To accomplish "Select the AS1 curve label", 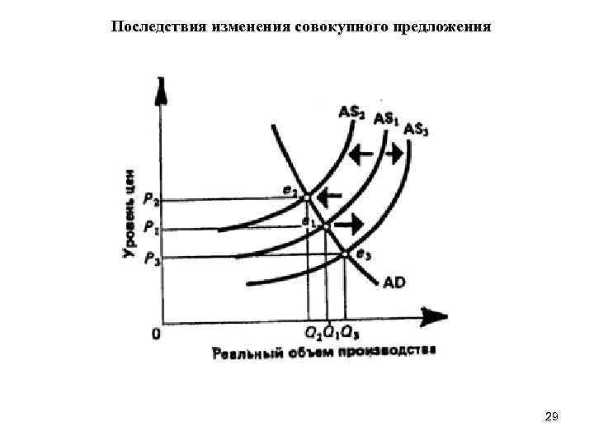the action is [x=386, y=119].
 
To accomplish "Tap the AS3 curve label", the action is [x=417, y=130].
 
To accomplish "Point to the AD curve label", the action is [x=394, y=282].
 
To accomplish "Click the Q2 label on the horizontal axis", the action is [x=311, y=334].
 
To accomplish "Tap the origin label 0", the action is [x=155, y=334].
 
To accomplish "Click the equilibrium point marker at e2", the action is [x=306, y=198].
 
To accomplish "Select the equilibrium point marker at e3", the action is [x=345, y=254].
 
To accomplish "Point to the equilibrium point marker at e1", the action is [x=326, y=225].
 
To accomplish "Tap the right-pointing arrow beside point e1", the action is [x=354, y=223].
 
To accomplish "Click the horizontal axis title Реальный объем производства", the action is [x=324, y=353].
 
